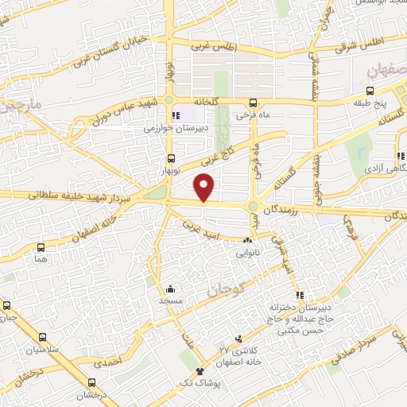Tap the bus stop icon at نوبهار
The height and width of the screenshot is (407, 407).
172,157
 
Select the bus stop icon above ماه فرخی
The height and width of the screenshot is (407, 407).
253,103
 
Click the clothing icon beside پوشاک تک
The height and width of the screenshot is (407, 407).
200,371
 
